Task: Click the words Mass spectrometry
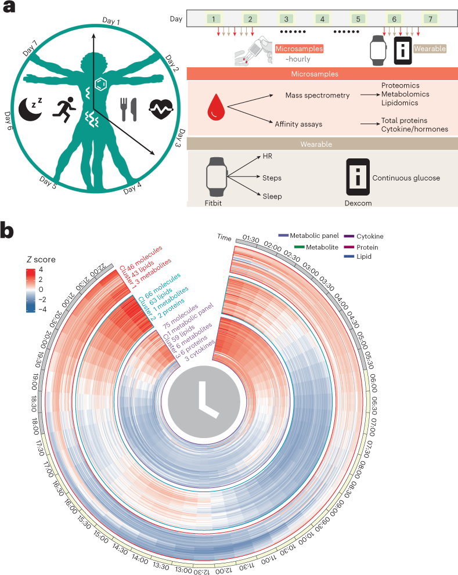317,95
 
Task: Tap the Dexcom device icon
358,177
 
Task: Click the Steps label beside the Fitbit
272,176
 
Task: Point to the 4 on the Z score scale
41,270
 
